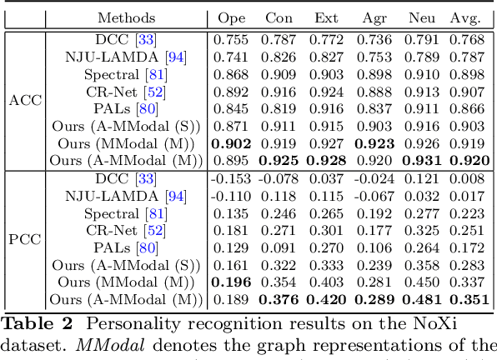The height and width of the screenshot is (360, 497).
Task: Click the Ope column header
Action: click(x=231, y=17)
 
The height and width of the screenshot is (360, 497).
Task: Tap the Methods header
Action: click(x=126, y=17)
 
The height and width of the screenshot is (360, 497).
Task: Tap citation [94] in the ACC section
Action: click(x=175, y=57)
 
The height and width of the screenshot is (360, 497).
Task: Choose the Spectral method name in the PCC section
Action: click(x=114, y=212)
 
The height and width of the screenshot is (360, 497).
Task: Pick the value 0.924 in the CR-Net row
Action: click(x=326, y=92)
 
